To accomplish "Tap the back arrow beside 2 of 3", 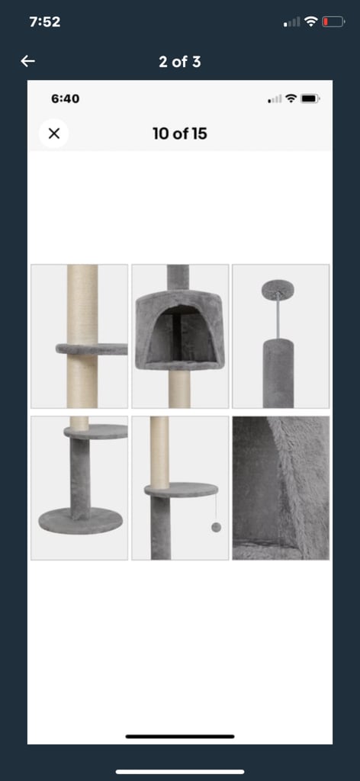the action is tap(28, 61).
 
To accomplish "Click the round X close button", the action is tap(54, 133).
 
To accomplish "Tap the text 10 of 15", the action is tap(180, 133).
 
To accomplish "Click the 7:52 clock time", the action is tap(45, 22).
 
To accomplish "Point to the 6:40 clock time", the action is tap(66, 98).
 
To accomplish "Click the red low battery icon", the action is tap(333, 22).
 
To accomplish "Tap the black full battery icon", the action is tap(310, 98).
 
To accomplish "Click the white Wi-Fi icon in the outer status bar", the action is tap(311, 21).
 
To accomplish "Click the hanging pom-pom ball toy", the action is tap(216, 528).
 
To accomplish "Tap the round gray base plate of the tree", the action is tap(81, 520).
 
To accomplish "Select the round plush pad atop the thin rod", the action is tap(278, 287).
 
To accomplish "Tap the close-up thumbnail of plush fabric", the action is tap(281, 488).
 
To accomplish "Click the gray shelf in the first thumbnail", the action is tap(92, 349).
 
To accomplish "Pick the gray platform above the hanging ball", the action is tap(182, 490).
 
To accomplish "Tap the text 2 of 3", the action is tap(180, 62).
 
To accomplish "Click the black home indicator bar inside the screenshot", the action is tap(180, 736).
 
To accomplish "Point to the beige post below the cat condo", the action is tap(180, 389).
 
